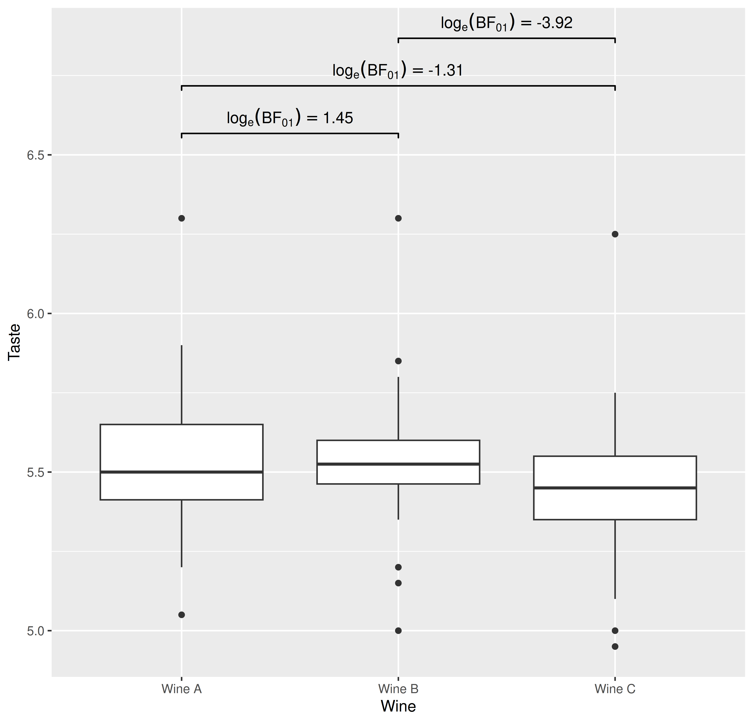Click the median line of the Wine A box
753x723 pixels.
181,472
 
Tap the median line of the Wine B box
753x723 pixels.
398,464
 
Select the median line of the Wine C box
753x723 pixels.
615,488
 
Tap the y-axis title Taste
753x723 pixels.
15,342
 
